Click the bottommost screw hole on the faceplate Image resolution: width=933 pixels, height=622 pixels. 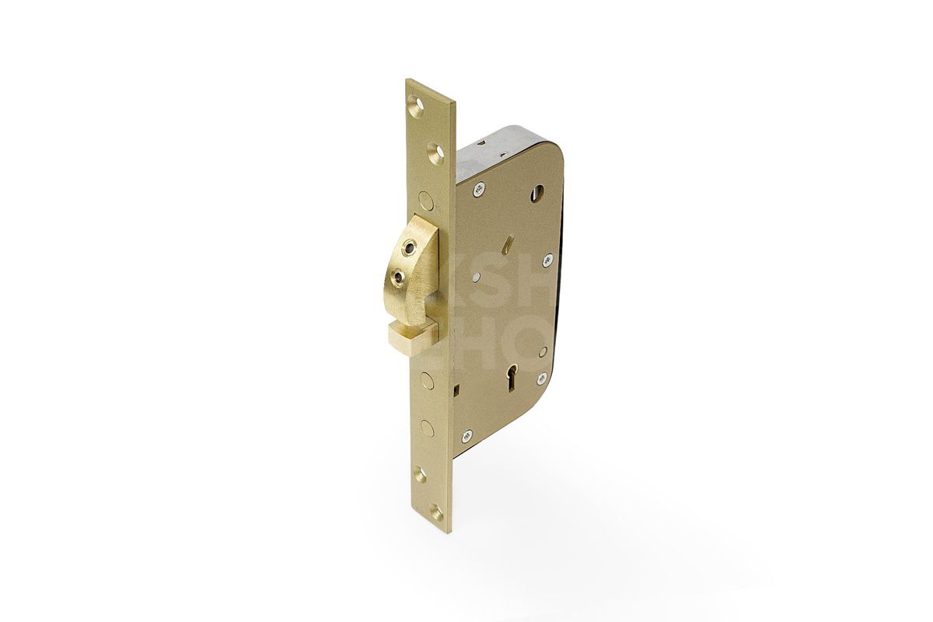click(x=436, y=514)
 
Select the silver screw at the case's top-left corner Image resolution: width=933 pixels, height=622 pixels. click(x=480, y=187)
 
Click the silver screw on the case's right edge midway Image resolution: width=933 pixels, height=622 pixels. click(x=547, y=260)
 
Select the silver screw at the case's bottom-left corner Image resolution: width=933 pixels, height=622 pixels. click(x=467, y=436)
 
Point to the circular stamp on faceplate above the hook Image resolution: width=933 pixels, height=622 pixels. click(x=425, y=197)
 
